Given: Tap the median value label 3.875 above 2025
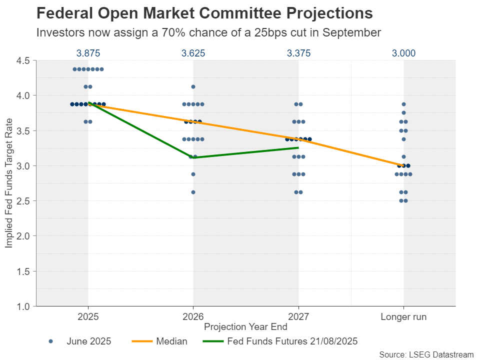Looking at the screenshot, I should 88,53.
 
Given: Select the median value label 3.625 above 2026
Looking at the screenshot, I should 193,53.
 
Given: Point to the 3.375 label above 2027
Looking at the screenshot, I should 298,53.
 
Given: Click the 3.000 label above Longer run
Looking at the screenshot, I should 403,53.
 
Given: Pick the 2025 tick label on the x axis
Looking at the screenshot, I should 88,316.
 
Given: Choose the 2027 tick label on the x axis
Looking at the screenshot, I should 298,316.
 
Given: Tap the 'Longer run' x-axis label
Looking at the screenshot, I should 403,316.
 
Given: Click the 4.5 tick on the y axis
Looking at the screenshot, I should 24,60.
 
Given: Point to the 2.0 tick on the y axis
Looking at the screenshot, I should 24,236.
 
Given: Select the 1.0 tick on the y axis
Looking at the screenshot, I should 24,306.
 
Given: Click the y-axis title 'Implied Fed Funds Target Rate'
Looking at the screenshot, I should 9,183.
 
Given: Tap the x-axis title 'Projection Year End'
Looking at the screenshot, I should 245,327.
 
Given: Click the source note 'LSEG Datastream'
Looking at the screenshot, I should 426,354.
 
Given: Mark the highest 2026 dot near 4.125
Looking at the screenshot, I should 193,87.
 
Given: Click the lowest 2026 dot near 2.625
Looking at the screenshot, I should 193,192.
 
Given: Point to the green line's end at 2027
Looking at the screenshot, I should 298,147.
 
